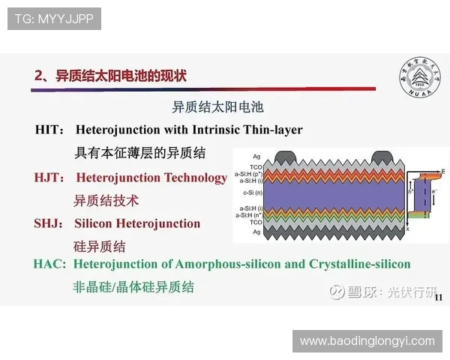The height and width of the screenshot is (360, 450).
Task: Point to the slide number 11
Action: (439, 298)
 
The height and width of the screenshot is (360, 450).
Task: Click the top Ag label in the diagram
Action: (256, 155)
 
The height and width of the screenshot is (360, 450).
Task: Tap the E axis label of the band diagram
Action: (442, 172)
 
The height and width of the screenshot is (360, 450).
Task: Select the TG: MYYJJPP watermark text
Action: (54, 19)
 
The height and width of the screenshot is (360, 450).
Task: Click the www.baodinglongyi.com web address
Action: (367, 340)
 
